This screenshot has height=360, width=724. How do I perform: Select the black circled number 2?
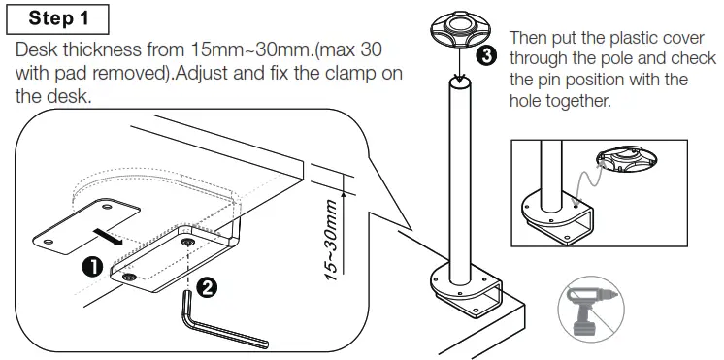pyautogui.click(x=206, y=286)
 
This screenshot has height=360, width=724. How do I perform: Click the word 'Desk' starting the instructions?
pyautogui.click(x=36, y=50)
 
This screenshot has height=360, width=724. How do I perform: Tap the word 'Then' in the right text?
pyautogui.click(x=530, y=38)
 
